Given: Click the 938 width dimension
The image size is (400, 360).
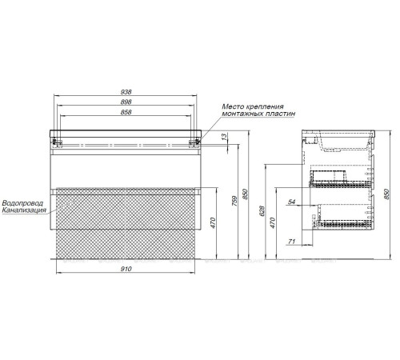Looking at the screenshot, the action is pos(126,92).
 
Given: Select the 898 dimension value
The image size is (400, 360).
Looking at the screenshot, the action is pos(126,102).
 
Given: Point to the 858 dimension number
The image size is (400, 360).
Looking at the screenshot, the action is pos(126,112).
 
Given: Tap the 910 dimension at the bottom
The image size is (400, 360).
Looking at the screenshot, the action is pos(126,269).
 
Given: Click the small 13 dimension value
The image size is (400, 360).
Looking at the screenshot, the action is pos(225,137).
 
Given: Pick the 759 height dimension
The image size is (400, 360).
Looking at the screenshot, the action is pos(234,202).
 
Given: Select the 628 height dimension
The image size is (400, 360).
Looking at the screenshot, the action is pos(262,211).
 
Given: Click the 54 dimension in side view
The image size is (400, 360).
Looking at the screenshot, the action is pos(291,202).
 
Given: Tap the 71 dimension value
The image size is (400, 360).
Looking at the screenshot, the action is pos(292,242).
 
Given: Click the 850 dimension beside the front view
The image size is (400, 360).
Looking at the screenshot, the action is pos(246,194).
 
